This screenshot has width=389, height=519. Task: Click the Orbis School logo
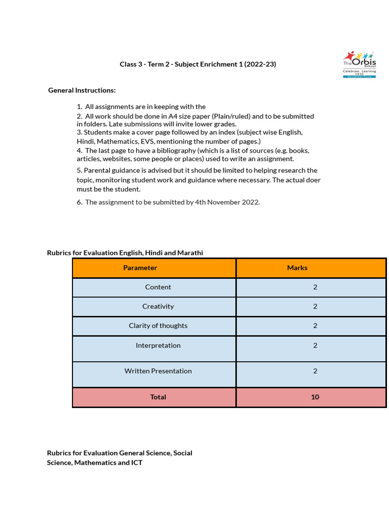pos(359,64)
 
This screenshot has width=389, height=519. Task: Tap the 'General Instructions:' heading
pos(82,90)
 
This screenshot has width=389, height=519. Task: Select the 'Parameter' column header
pos(140,268)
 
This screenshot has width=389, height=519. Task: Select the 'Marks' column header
pos(297,268)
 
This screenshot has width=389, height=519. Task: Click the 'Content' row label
pos(158,287)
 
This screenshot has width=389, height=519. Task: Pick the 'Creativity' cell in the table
pos(158,306)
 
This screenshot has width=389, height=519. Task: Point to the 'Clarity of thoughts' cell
pos(158,326)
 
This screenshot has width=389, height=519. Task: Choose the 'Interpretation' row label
pos(158,345)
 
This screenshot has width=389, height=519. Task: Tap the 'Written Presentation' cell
pos(158,371)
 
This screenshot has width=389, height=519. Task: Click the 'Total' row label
pos(158,397)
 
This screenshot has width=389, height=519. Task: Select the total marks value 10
pos(315,397)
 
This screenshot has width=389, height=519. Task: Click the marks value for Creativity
pos(315,306)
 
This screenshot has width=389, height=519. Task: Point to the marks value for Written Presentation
pos(315,371)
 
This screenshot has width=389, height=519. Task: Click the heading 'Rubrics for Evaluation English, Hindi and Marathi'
pos(125,252)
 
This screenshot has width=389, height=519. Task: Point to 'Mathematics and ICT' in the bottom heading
pos(108,462)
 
